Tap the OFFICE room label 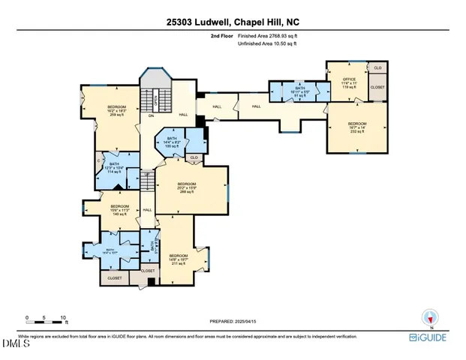pyautogui.click(x=349, y=82)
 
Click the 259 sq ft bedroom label pyautogui.click(x=116, y=111)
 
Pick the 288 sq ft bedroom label pyautogui.click(x=186, y=188)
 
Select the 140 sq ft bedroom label pyautogui.click(x=120, y=210)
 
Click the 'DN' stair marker pyautogui.click(x=150, y=115)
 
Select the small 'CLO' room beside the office pyautogui.click(x=377, y=68)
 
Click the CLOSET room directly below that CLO pyautogui.click(x=377, y=87)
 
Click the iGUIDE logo pyautogui.click(x=428, y=339)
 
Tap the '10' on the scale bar pyautogui.click(x=63, y=317)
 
